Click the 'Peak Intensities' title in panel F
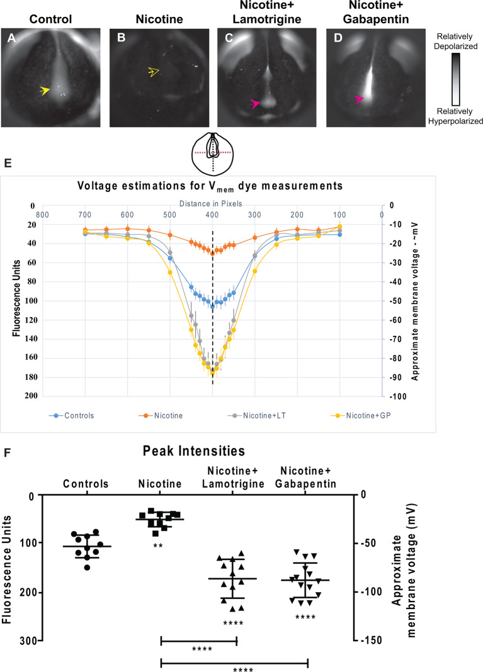tap(208, 451)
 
